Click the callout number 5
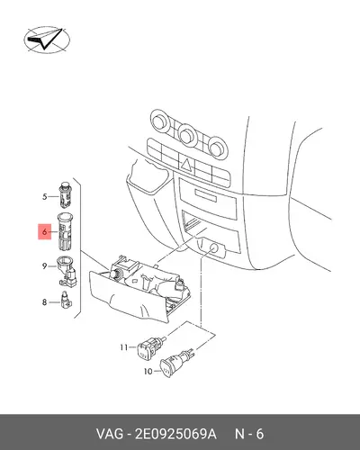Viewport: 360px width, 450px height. [x=45, y=197]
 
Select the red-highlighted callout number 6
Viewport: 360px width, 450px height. [x=45, y=231]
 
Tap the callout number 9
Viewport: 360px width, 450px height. [x=45, y=265]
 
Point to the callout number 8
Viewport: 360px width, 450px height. [x=45, y=302]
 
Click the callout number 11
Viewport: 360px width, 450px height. [x=124, y=347]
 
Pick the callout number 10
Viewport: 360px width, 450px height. [x=148, y=372]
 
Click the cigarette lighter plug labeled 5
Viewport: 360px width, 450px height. [x=65, y=194]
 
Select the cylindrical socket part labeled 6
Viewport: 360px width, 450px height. [x=65, y=231]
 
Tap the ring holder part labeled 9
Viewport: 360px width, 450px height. [x=67, y=271]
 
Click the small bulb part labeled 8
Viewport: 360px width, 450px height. [x=67, y=301]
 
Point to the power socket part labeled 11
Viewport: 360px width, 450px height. [x=151, y=347]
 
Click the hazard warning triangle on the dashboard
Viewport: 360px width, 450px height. [x=186, y=165]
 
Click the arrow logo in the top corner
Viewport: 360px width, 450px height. [x=47, y=40]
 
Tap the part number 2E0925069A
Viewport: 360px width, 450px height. [x=175, y=434]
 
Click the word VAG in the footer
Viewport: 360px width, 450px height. [x=110, y=434]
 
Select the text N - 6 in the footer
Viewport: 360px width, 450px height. [x=249, y=434]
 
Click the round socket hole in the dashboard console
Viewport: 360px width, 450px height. [x=213, y=248]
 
